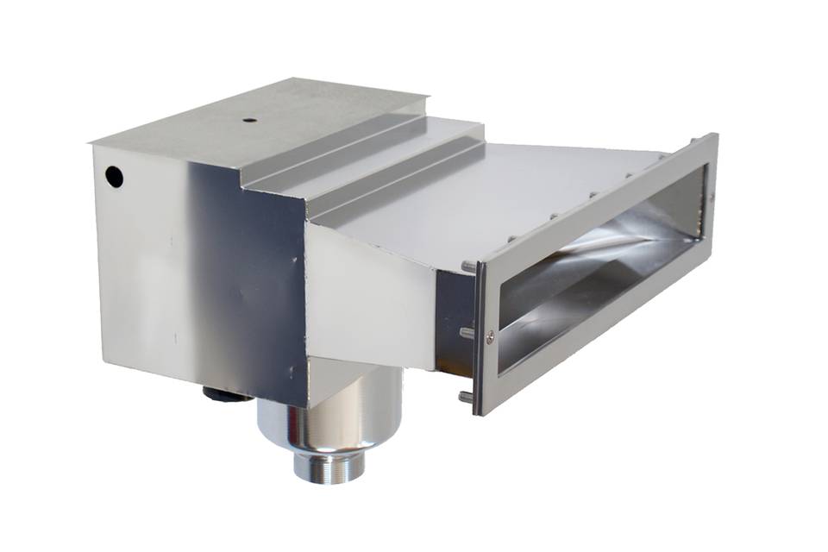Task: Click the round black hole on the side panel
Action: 114,177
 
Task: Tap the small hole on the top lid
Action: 249,120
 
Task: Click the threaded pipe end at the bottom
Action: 329,466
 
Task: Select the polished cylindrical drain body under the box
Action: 332,414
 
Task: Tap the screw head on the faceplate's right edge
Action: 711,198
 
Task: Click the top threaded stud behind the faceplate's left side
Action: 467,267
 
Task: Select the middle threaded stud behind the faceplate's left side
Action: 467,332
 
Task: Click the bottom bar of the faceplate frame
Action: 595,345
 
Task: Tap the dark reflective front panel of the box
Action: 259,285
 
